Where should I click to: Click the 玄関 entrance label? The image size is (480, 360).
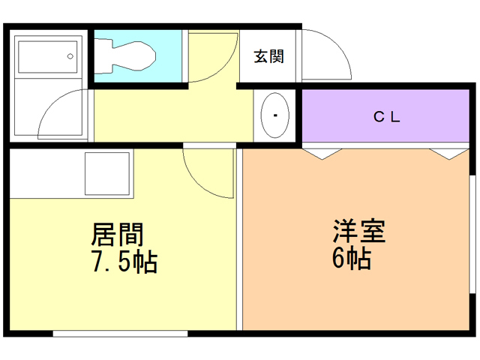point(269,56)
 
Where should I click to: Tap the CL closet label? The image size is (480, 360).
point(387,117)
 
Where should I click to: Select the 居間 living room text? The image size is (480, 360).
point(117,235)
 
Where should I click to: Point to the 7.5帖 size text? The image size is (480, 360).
point(124,262)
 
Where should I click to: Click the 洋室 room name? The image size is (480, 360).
point(359,231)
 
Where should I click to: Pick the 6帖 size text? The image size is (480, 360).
point(352,258)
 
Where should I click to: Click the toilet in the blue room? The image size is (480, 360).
point(125,56)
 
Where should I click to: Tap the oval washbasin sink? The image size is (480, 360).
point(275,115)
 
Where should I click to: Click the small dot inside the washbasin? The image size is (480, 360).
point(275,115)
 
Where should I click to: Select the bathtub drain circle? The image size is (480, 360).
point(70,56)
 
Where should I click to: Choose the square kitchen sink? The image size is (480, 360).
point(107,173)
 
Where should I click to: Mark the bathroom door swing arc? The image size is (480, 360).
point(51,105)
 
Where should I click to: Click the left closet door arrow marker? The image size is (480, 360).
point(322,154)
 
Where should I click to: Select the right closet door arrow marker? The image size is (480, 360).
point(449,154)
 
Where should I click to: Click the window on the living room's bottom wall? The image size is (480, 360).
point(120,334)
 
